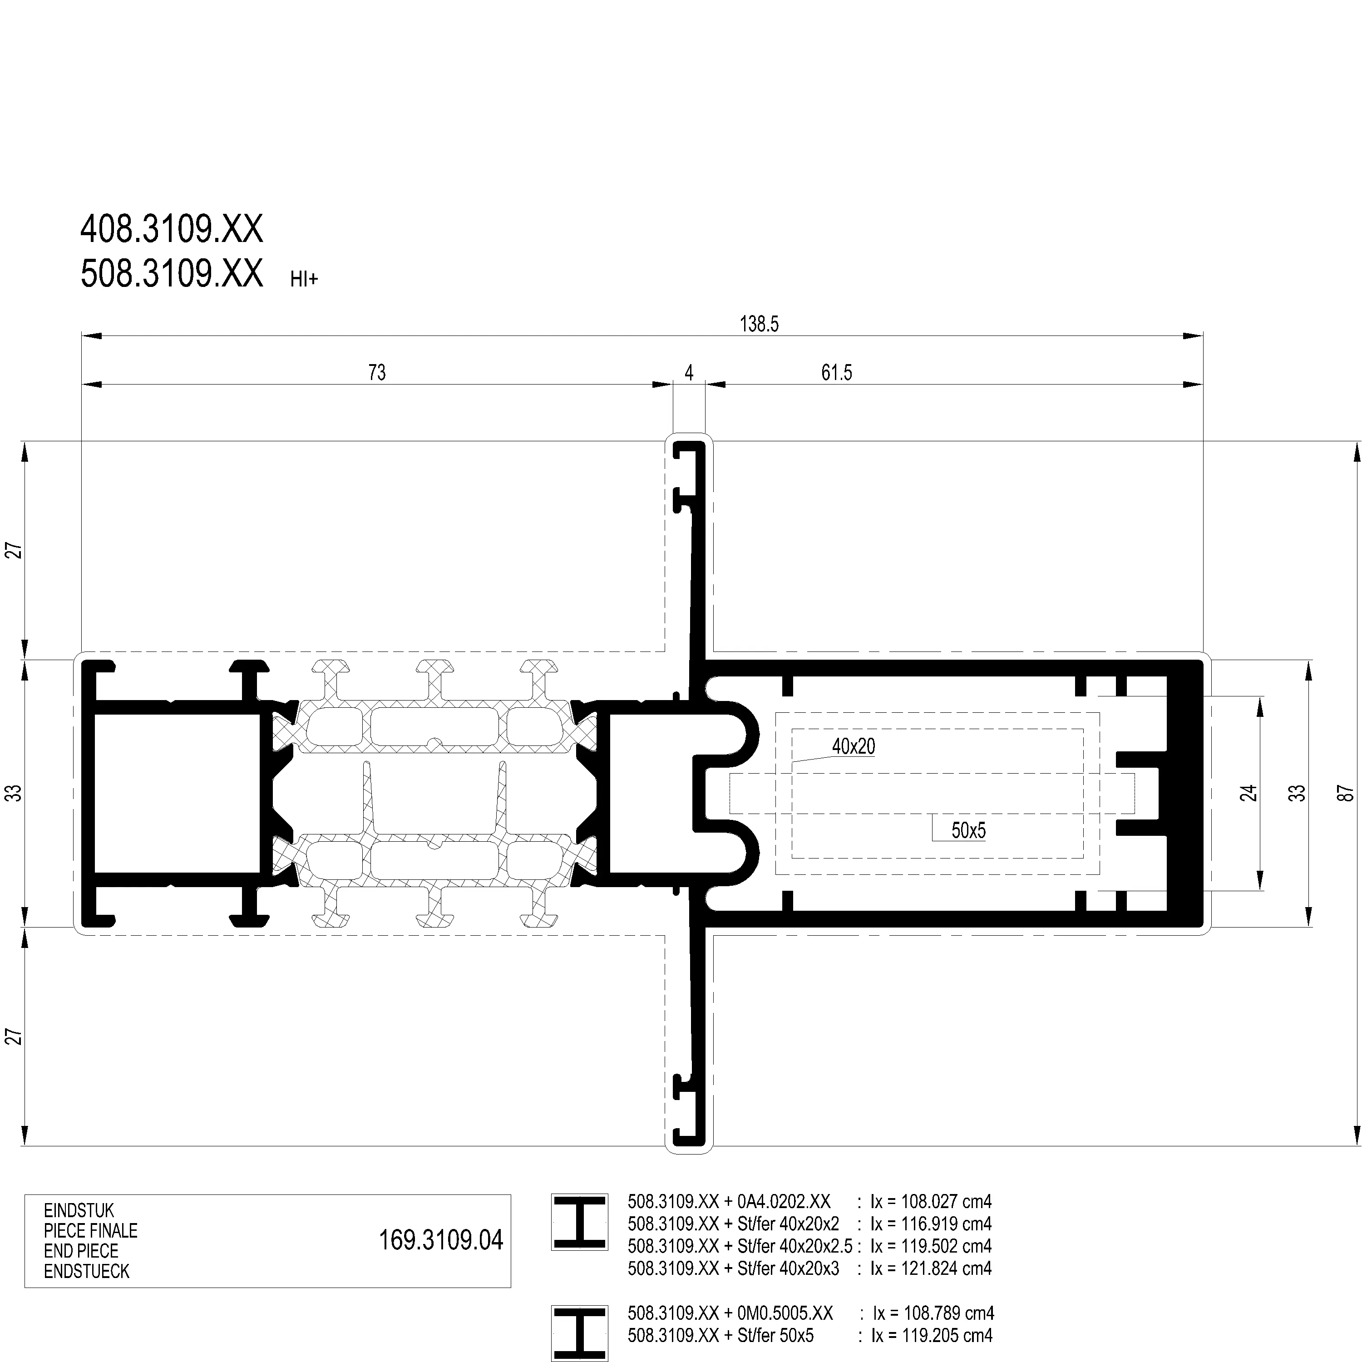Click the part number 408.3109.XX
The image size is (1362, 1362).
click(171, 229)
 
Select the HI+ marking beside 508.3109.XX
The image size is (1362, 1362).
click(304, 279)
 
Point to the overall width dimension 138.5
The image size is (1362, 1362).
click(759, 324)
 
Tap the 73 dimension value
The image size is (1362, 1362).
click(377, 372)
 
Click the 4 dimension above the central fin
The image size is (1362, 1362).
click(690, 372)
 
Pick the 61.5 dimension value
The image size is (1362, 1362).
click(837, 372)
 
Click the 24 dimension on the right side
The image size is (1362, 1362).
click(1249, 793)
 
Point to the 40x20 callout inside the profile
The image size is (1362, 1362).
click(854, 746)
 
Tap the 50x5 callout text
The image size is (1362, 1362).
click(969, 830)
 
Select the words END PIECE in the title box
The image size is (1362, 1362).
click(81, 1251)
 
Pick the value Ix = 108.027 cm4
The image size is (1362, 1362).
click(931, 1201)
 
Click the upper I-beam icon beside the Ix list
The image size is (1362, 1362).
click(579, 1223)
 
